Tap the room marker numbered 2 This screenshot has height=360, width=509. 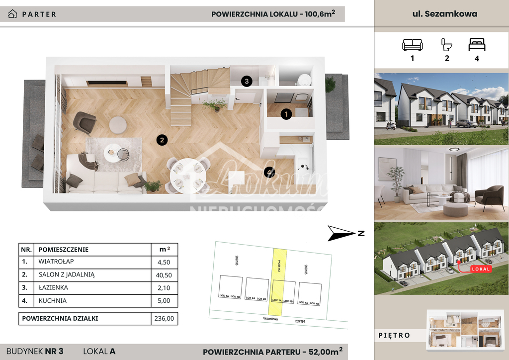point(161,140)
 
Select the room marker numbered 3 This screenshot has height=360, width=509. point(247,81)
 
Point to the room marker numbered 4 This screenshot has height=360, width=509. point(269,173)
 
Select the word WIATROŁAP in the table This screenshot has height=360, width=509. point(55,261)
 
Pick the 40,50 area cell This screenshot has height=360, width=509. point(164,274)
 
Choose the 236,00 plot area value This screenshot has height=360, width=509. point(164,319)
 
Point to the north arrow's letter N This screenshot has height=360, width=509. point(361,233)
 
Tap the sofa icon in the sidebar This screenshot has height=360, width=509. point(412,45)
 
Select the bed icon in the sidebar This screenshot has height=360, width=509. point(477,45)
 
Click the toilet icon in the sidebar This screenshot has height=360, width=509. point(446,45)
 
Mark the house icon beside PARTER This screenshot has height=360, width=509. point(12,14)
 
